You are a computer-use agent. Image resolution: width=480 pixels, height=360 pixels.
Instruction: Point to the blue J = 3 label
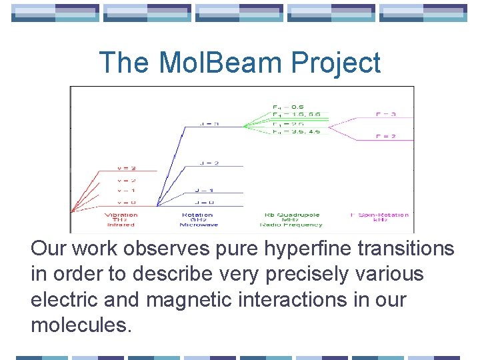click(x=210, y=123)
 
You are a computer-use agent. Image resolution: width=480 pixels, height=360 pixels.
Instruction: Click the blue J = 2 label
click(x=210, y=163)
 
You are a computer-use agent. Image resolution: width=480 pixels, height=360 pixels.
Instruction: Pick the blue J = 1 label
click(x=205, y=191)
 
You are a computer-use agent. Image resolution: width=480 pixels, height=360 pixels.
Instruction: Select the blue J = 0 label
click(x=205, y=202)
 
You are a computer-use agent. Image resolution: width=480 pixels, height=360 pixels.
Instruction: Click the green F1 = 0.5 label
click(x=288, y=107)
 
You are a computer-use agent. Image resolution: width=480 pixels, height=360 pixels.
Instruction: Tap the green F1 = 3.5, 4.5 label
click(x=296, y=131)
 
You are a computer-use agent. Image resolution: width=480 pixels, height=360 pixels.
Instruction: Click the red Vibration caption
click(x=121, y=215)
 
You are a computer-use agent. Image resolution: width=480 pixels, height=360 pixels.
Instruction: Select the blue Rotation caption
click(x=197, y=215)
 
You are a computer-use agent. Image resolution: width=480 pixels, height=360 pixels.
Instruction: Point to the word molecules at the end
click(x=81, y=325)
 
